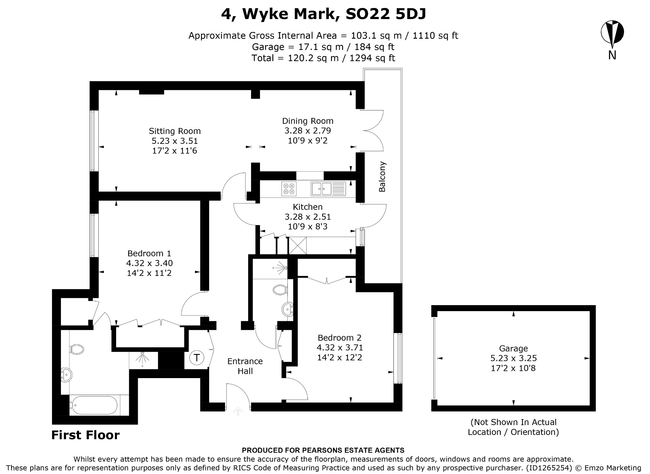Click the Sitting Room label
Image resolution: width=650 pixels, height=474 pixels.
[x=175, y=131]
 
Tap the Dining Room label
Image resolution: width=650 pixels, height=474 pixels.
[x=308, y=121]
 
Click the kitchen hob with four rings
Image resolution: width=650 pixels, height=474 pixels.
[x=289, y=189]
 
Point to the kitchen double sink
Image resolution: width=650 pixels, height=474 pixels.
[x=328, y=189]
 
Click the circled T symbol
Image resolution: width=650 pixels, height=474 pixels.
[x=197, y=358]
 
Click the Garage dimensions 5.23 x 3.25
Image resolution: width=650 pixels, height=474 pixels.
[x=513, y=358]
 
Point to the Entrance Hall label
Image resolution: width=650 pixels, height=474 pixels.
[x=245, y=366]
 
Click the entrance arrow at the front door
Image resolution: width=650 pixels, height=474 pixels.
[x=238, y=411]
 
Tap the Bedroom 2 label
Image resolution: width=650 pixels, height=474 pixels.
[x=340, y=338]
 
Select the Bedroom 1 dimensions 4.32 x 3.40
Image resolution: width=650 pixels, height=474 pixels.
[x=149, y=263]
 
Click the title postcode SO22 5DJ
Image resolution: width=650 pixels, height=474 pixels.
[x=386, y=14]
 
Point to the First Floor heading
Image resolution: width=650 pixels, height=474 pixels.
[x=85, y=435]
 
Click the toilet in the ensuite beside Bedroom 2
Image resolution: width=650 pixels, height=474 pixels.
[x=280, y=289]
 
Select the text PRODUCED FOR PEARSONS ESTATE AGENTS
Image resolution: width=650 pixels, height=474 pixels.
[x=323, y=450]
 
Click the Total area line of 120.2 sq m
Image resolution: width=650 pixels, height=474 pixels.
[x=323, y=58]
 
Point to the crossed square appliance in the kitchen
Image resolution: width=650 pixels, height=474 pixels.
[x=298, y=245]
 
